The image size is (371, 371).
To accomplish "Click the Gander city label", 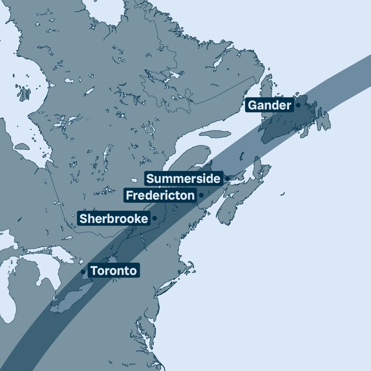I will point(269,106).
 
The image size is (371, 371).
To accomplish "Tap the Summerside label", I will point(183,179).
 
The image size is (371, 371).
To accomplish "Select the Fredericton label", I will point(160,195).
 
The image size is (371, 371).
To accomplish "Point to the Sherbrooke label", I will point(113,219).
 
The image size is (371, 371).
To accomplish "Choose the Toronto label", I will point(113,271).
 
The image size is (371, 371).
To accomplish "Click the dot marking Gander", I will point(298,106).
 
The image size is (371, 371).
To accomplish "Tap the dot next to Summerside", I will point(227,179).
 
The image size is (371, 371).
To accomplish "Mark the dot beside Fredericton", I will point(201,195).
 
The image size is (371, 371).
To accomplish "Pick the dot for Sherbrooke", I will point(155,219).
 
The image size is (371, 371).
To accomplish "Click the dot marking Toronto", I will point(84,272).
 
